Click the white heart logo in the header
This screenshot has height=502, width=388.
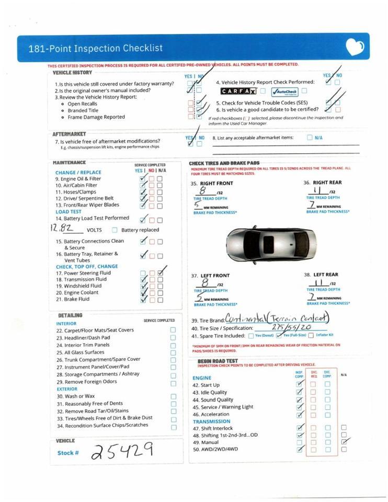355,48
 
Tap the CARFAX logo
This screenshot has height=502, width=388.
238,92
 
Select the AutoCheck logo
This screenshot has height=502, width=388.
284,92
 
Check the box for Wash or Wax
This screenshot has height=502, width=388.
173,396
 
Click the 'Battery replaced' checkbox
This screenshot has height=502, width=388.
115,230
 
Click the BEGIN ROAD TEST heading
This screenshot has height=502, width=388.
218,361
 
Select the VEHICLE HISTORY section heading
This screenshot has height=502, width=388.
72,73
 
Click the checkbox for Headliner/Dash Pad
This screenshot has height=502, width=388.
173,338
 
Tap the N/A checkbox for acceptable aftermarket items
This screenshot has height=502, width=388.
310,138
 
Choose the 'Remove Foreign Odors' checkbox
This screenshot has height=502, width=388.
173,383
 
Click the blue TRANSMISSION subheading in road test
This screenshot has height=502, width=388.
211,421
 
